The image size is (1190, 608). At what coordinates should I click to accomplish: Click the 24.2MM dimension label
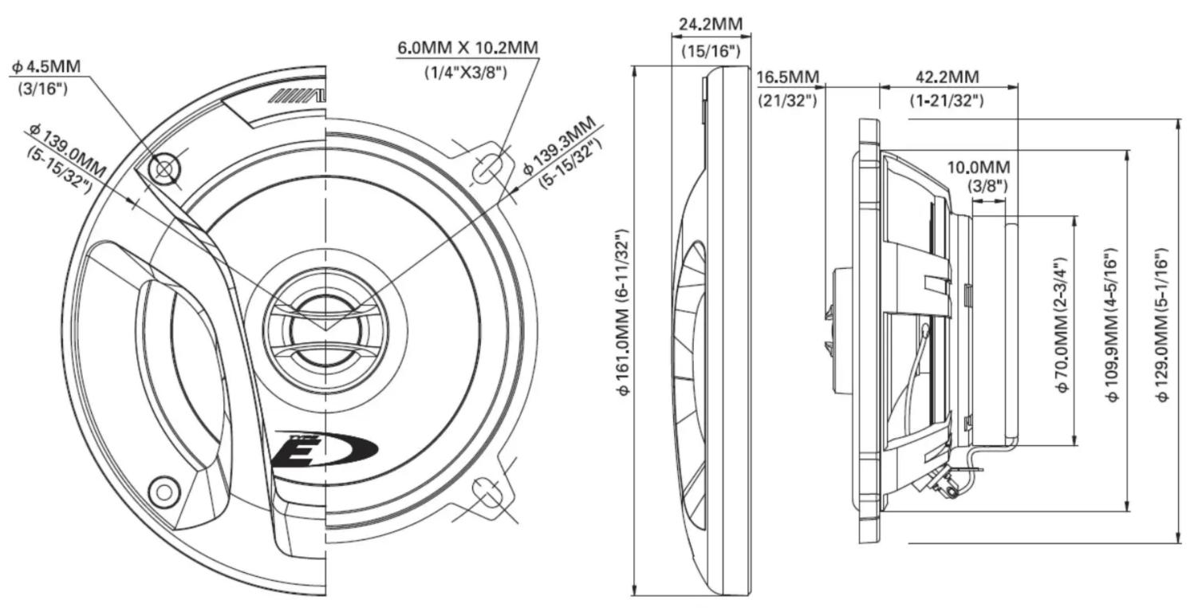coord(711,24)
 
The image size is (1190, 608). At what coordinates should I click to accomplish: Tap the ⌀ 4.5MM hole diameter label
coord(45,67)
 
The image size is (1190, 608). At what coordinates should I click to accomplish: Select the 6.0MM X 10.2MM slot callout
coord(467,48)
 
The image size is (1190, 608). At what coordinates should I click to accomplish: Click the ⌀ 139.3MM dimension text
coord(559,145)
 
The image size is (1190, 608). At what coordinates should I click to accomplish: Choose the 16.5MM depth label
coord(787,77)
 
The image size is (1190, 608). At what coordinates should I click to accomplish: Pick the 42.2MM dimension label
coord(947,77)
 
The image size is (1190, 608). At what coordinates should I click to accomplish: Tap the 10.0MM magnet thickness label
coord(979,168)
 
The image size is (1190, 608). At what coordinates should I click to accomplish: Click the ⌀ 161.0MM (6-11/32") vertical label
coord(623,312)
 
